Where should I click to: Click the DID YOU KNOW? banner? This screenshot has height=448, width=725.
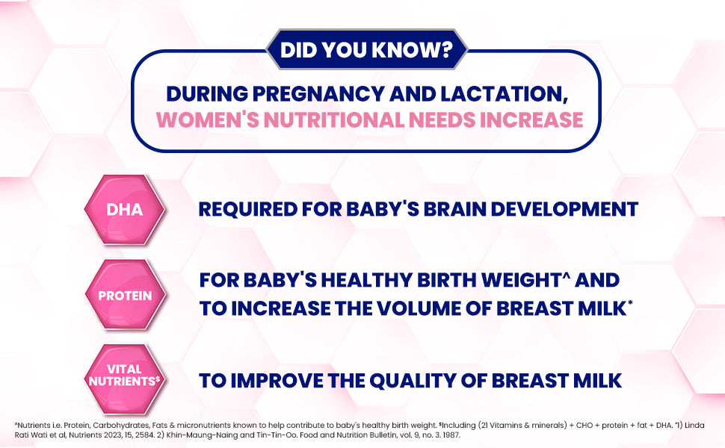coord(367,49)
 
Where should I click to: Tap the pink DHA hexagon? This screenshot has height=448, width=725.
coord(124,209)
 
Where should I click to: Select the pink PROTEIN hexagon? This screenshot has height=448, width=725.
coord(125,295)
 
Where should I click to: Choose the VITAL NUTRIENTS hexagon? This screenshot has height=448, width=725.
coord(124,379)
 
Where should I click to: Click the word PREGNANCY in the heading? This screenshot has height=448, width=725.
coord(319,94)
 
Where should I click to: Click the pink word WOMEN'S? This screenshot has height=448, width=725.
coord(208,119)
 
